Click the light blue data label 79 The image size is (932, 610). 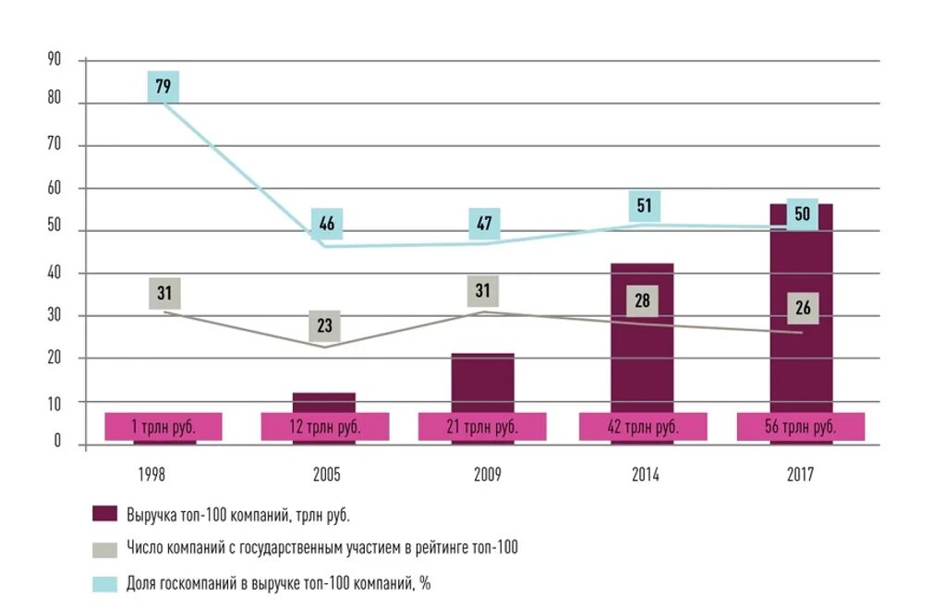(x=163, y=87)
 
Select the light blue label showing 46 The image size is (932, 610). (x=326, y=223)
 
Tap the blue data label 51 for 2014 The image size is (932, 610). (x=644, y=205)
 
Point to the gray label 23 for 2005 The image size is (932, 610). (x=324, y=325)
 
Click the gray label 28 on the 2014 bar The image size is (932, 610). (x=643, y=300)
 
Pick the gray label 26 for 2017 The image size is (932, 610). (x=802, y=308)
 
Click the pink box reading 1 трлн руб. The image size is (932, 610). (x=163, y=426)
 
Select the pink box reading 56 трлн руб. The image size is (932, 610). (x=801, y=426)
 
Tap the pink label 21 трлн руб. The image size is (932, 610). (x=482, y=426)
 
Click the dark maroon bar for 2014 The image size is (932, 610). (x=642, y=351)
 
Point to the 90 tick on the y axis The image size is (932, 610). (x=54, y=60)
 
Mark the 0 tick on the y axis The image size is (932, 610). (x=56, y=442)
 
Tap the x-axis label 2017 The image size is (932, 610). (x=800, y=475)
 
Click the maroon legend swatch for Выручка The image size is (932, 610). (x=105, y=514)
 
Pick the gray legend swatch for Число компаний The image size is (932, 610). (x=105, y=548)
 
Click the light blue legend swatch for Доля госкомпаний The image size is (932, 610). (x=105, y=583)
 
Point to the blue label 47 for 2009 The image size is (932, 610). (x=484, y=223)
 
